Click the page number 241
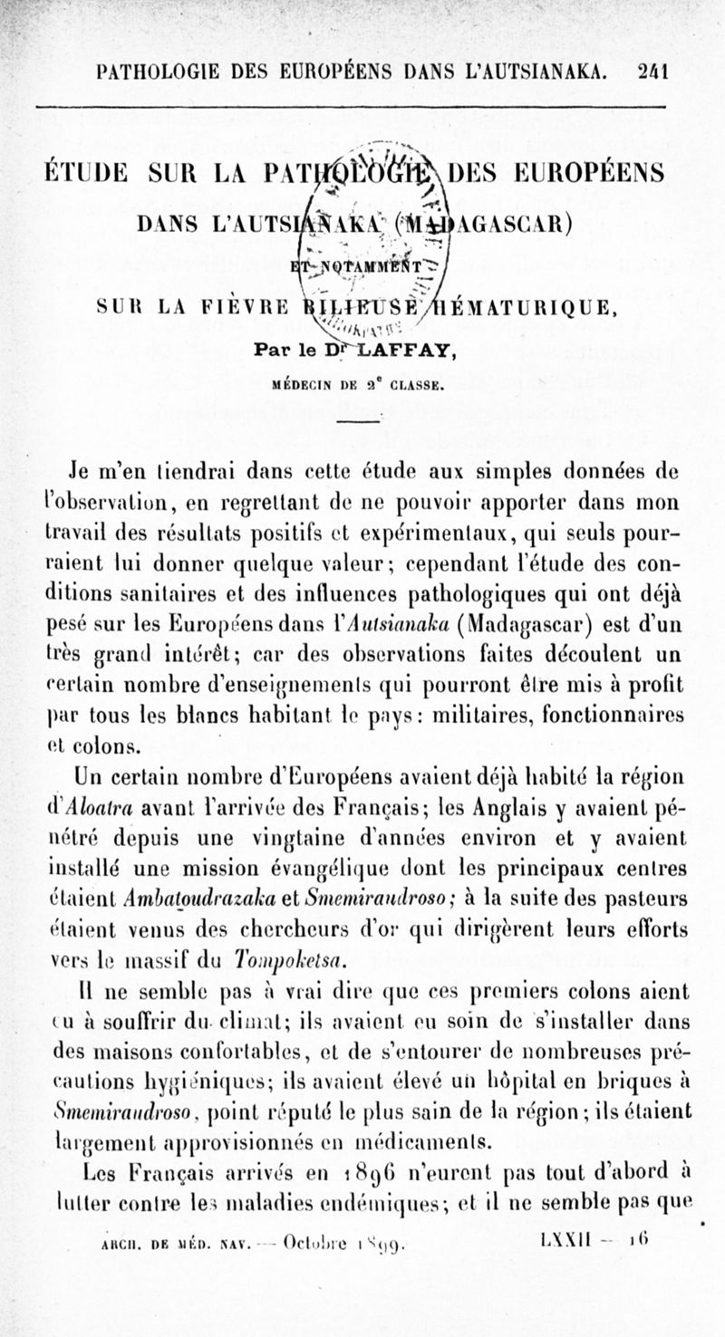[x=652, y=72]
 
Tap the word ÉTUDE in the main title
[x=86, y=173]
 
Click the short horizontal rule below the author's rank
[x=361, y=419]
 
